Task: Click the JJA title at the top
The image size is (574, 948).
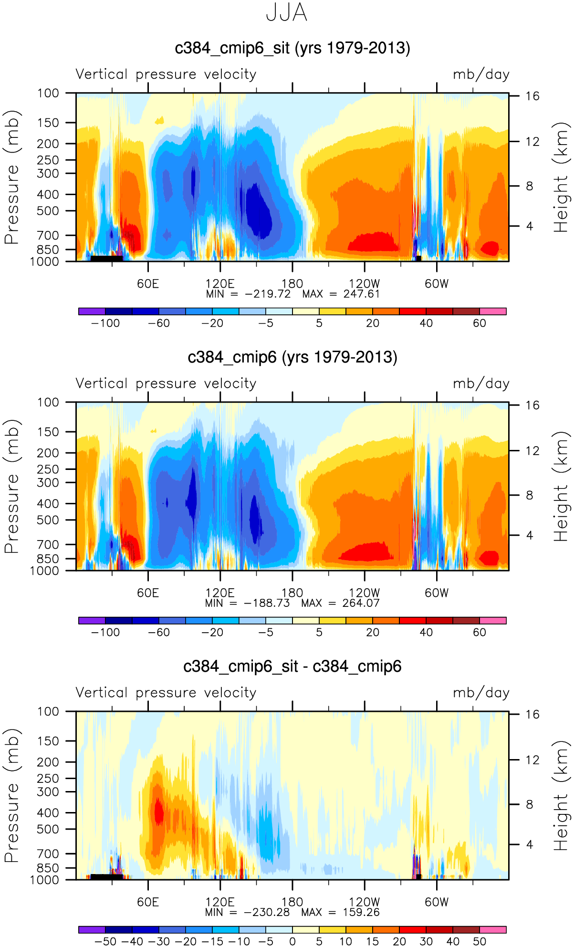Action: click(286, 13)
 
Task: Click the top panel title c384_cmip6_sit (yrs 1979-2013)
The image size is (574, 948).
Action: click(292, 48)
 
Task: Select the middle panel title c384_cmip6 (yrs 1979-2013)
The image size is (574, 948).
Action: click(292, 357)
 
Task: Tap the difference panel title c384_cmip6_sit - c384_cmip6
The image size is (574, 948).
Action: click(292, 667)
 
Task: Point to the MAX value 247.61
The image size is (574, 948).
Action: click(361, 294)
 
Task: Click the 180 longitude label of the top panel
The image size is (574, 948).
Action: click(292, 284)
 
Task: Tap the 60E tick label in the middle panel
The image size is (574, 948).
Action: click(148, 593)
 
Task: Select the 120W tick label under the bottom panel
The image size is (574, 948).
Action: click(364, 902)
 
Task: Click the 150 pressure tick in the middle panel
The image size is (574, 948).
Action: click(48, 432)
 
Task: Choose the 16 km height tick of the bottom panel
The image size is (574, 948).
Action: click(532, 715)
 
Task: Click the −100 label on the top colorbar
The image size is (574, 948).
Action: click(105, 323)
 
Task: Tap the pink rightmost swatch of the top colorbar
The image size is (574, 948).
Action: click(492, 312)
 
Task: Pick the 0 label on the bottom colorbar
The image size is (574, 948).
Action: click(292, 942)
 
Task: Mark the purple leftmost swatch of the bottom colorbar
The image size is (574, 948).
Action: click(92, 930)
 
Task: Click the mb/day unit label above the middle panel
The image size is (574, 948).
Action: click(481, 384)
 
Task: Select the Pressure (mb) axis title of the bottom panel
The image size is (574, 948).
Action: click(11, 795)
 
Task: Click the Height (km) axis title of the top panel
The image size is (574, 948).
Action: click(561, 177)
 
